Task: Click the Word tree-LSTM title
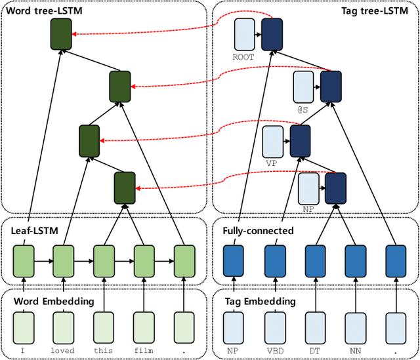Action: pos(41,11)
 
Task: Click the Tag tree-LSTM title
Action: pos(375,11)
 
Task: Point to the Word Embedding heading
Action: pos(54,301)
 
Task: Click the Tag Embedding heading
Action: pos(260,301)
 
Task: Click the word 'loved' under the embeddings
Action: pos(64,350)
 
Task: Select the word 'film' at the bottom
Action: pos(144,350)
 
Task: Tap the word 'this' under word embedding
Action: pos(104,350)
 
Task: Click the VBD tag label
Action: pos(275,350)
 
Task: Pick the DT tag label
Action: pos(315,350)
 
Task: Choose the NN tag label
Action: pos(356,350)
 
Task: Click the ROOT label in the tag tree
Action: pos(243,57)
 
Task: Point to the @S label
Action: pos(303,110)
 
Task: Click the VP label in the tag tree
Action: pos(272,163)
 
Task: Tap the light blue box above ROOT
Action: pos(243,35)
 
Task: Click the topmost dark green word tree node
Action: pos(60,35)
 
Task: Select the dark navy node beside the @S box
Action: pos(330,87)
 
